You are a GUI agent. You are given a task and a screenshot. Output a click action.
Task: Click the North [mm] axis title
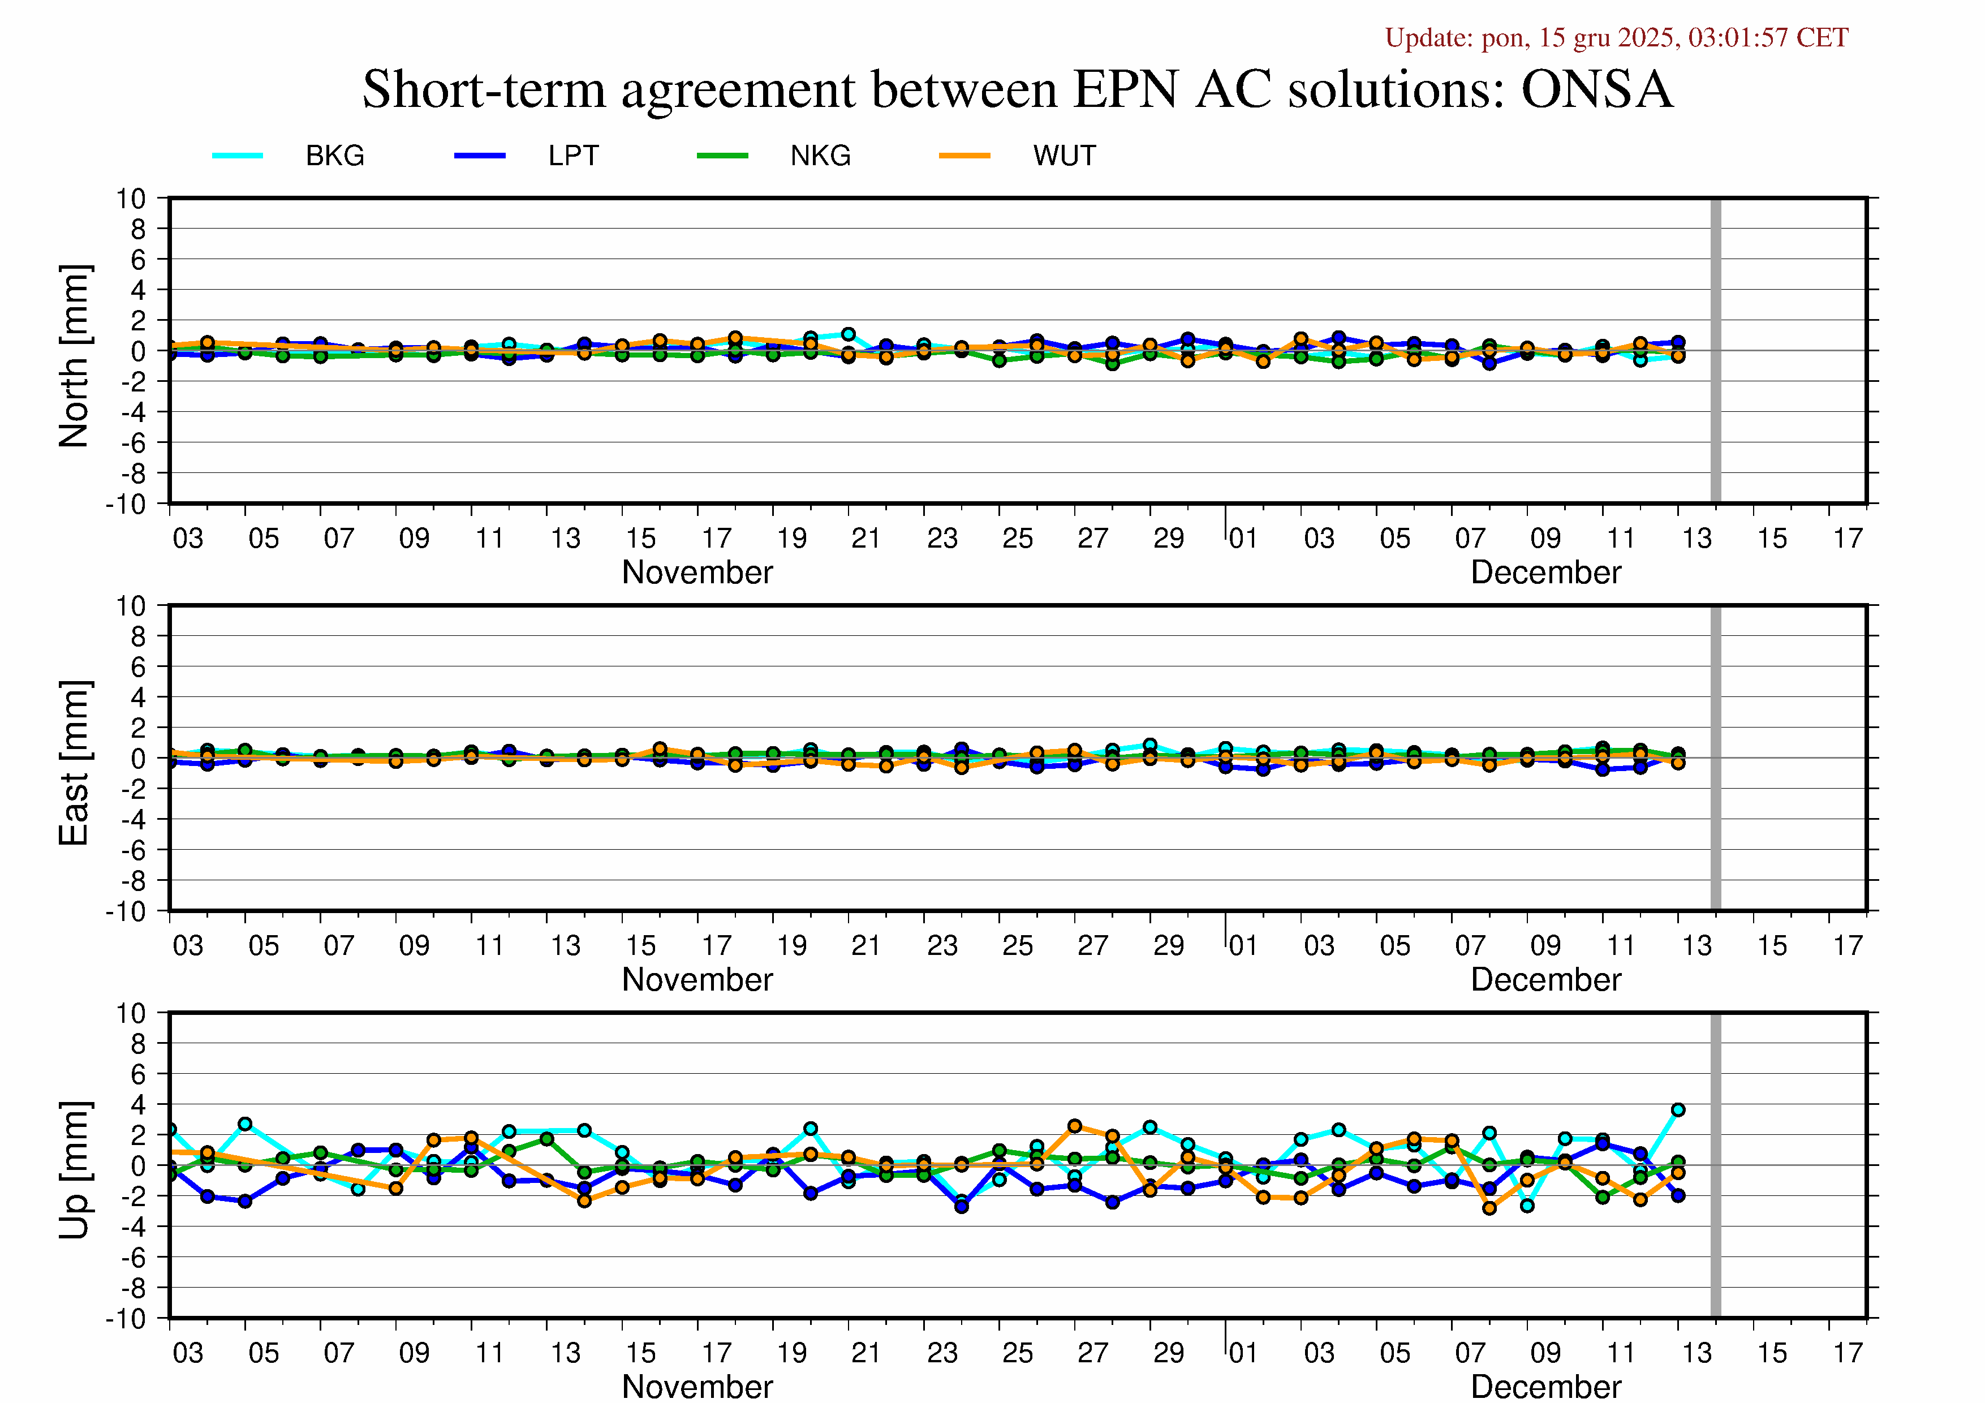pyautogui.click(x=74, y=356)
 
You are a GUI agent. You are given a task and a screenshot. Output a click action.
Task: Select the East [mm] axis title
pyautogui.click(x=74, y=763)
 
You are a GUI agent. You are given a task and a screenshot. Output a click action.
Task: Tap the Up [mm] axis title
pyautogui.click(x=74, y=1169)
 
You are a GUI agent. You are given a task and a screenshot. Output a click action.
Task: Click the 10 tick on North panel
pyautogui.click(x=131, y=199)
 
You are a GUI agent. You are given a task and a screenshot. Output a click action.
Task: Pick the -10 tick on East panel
pyautogui.click(x=126, y=911)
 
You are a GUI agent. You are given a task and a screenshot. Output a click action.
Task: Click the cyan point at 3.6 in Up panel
pyautogui.click(x=1678, y=1110)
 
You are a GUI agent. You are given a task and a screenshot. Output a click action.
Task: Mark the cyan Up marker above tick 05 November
pyautogui.click(x=245, y=1124)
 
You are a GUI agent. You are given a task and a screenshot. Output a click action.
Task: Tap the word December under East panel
pyautogui.click(x=1546, y=979)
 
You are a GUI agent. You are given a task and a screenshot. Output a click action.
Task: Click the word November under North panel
pyautogui.click(x=697, y=573)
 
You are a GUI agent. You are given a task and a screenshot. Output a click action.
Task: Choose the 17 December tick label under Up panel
pyautogui.click(x=1848, y=1353)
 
